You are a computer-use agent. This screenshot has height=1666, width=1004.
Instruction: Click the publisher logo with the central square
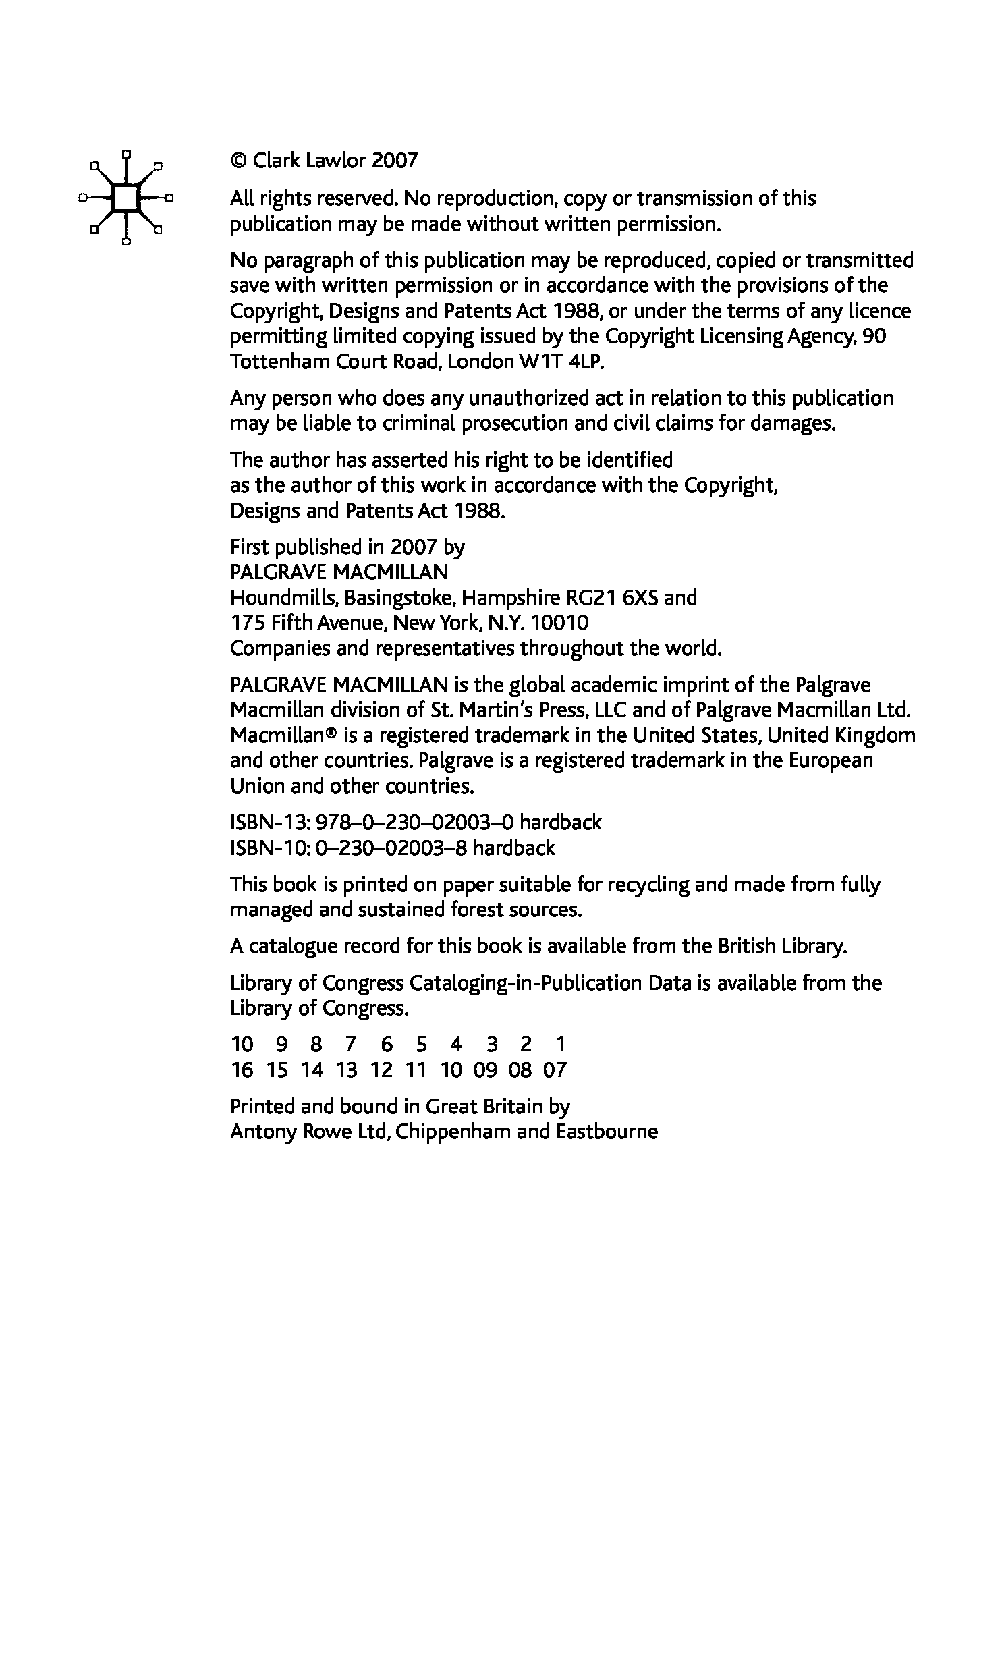[x=125, y=198]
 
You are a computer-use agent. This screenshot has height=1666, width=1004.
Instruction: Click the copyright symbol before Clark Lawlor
[x=238, y=161]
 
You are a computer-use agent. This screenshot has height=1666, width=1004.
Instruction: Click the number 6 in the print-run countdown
[x=386, y=1045]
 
